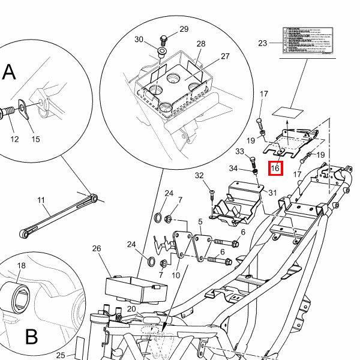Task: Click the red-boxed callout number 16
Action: pos(275,169)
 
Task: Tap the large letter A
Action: pos(9,73)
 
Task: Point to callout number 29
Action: pos(184,29)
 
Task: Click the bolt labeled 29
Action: pos(163,40)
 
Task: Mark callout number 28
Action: pos(201,44)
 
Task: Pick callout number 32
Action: pos(199,175)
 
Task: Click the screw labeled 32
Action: pos(212,192)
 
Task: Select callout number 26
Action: pos(97,248)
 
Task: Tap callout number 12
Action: pos(14,139)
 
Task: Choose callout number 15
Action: pos(35,139)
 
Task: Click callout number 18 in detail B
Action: pos(21,265)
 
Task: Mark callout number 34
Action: pos(233,168)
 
